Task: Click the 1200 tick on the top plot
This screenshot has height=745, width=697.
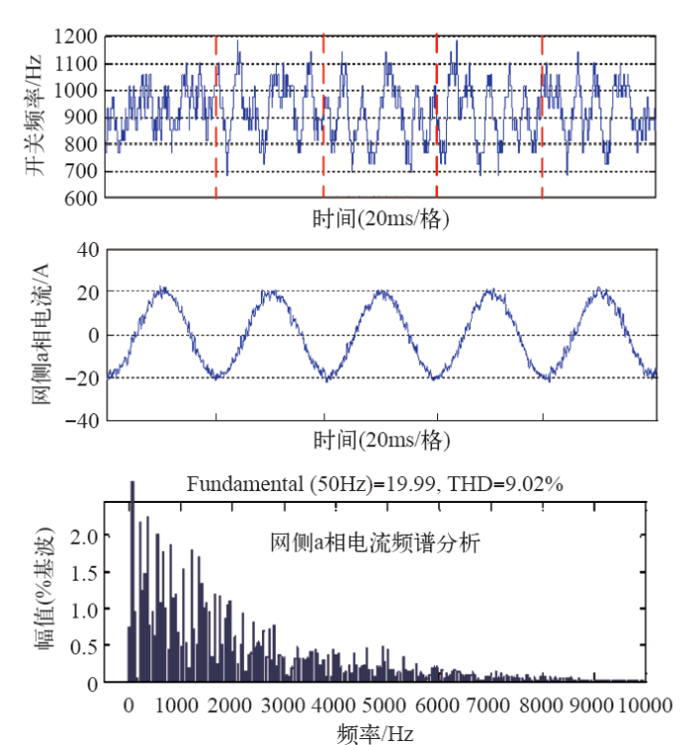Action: (77, 38)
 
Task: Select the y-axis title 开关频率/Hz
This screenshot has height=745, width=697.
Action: (36, 117)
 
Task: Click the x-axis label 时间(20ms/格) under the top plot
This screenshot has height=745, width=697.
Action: (379, 218)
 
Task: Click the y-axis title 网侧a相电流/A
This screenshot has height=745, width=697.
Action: (40, 335)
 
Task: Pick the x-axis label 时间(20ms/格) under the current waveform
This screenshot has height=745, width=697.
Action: (379, 439)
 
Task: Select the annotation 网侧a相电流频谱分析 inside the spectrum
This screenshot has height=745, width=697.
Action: (375, 544)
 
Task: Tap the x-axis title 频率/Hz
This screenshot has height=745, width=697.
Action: (374, 734)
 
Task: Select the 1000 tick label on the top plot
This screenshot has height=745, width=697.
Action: (77, 92)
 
